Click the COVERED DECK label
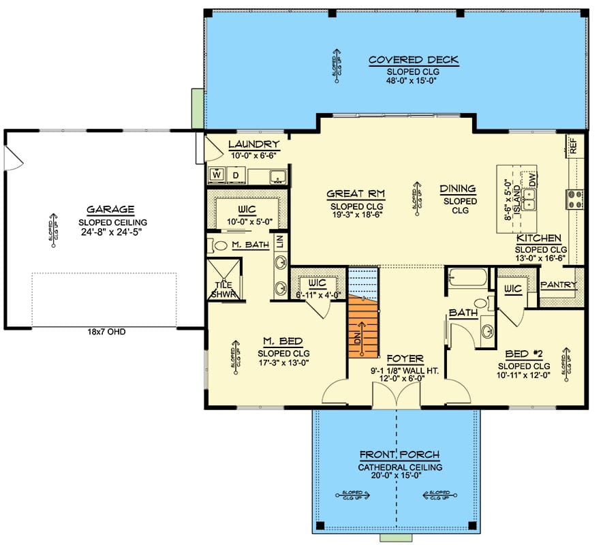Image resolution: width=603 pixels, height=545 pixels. click(x=413, y=61)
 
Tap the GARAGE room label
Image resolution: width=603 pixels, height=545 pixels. click(x=110, y=210)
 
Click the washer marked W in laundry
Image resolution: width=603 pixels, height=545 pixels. click(x=217, y=175)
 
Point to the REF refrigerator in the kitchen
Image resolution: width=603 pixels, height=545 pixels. click(x=574, y=145)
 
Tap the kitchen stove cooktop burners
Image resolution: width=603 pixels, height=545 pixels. click(x=573, y=198)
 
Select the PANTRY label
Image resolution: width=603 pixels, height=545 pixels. click(x=559, y=285)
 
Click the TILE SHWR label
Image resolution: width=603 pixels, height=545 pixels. click(x=222, y=290)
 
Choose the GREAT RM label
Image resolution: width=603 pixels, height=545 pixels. click(x=356, y=194)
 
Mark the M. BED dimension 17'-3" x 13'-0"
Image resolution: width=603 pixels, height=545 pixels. click(x=283, y=364)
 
